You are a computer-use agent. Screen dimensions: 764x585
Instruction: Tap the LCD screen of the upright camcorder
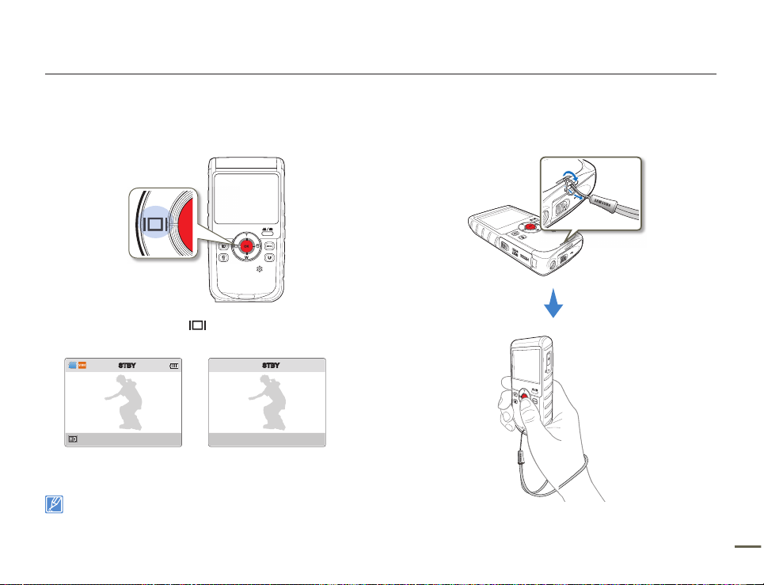coord(245,198)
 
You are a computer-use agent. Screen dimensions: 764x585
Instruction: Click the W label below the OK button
coord(246,258)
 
